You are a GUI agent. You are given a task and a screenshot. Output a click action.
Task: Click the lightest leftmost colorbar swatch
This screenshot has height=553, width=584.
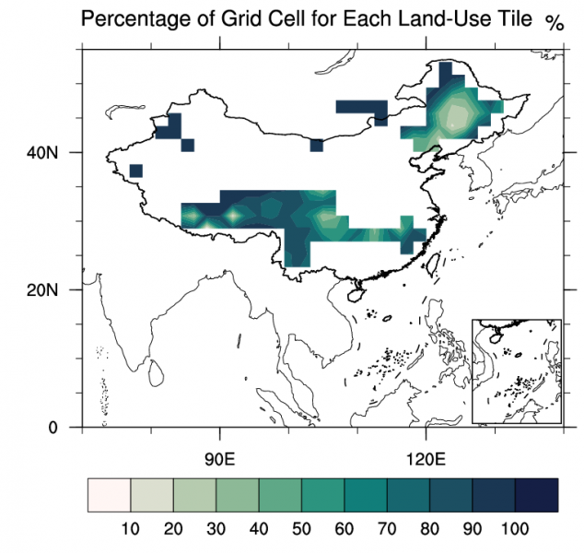tap(109, 495)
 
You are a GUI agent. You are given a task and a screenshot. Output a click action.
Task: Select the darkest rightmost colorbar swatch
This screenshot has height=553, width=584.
tap(538, 495)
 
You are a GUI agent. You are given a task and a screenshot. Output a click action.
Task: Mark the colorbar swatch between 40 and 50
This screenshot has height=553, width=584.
tap(280, 495)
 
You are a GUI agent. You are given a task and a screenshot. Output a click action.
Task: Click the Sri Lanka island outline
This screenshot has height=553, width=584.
tap(158, 372)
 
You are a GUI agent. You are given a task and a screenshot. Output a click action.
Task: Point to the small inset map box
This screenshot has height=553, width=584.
tap(516, 371)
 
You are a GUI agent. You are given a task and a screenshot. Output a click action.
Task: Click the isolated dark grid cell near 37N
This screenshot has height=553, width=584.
tap(136, 170)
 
